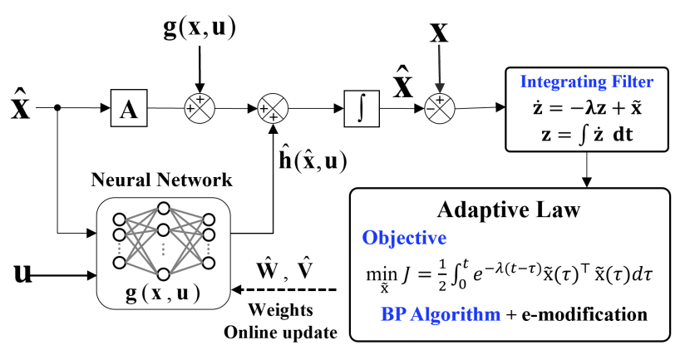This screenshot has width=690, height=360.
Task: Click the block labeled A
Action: click(x=128, y=107)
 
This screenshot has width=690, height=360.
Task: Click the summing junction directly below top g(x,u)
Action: click(x=199, y=107)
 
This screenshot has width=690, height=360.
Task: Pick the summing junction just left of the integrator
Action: click(x=272, y=107)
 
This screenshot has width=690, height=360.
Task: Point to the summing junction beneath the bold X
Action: click(x=440, y=107)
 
